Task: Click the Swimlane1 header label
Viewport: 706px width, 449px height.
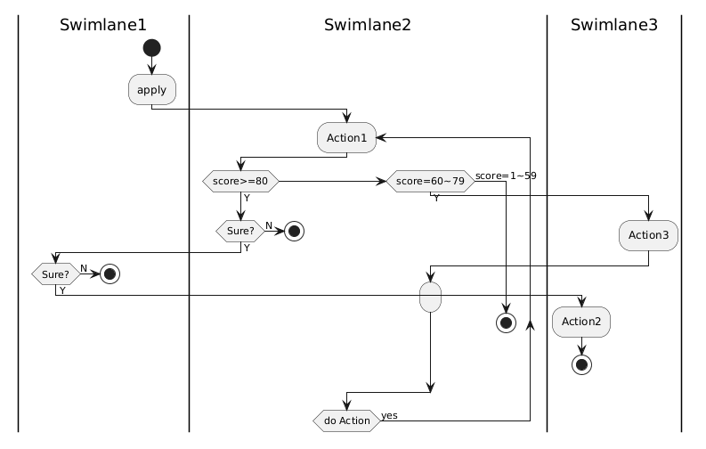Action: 103,25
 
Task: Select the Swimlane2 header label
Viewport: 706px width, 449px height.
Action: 368,25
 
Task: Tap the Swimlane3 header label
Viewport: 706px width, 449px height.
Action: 613,25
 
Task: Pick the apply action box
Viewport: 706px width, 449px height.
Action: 151,90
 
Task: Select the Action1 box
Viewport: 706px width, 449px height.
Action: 347,138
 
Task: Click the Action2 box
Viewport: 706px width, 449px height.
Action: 581,321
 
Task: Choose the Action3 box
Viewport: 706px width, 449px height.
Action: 649,234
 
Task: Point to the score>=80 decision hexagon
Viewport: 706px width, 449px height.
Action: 240,182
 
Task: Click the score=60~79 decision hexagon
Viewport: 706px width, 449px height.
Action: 430,182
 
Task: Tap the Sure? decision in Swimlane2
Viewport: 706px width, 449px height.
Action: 240,230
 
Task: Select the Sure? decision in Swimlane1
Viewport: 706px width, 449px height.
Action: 55,273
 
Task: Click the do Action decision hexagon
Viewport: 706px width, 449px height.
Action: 346,420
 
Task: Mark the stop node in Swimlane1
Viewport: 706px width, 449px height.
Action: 109,273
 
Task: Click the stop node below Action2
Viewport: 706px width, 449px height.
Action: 581,364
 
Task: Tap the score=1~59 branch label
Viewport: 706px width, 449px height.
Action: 506,176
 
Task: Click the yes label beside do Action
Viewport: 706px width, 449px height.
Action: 389,415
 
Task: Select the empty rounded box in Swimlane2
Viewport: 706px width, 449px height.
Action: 430,296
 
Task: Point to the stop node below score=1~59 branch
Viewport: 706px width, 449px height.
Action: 506,322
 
